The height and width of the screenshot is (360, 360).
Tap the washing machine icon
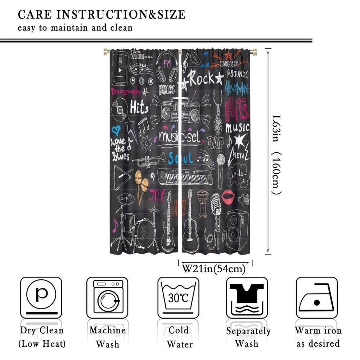click(107, 297)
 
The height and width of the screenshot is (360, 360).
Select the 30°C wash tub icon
click(178, 297)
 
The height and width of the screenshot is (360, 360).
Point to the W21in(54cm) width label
click(214, 269)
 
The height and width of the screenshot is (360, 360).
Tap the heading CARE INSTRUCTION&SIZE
click(102, 15)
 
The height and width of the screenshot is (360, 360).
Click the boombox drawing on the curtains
click(180, 110)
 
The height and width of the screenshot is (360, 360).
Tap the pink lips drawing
click(228, 197)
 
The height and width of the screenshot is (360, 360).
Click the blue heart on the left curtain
click(116, 130)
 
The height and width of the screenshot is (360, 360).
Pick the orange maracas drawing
click(141, 184)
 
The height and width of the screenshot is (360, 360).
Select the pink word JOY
click(157, 194)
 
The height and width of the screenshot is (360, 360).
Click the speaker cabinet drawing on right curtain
click(237, 230)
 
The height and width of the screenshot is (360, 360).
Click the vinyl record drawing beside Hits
click(119, 109)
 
